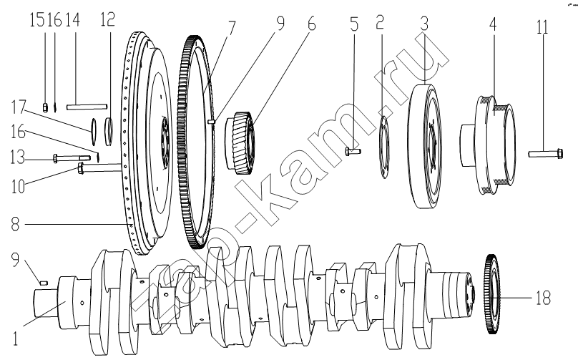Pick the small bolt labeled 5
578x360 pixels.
click(x=353, y=150)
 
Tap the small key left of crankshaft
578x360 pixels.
click(x=44, y=283)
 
